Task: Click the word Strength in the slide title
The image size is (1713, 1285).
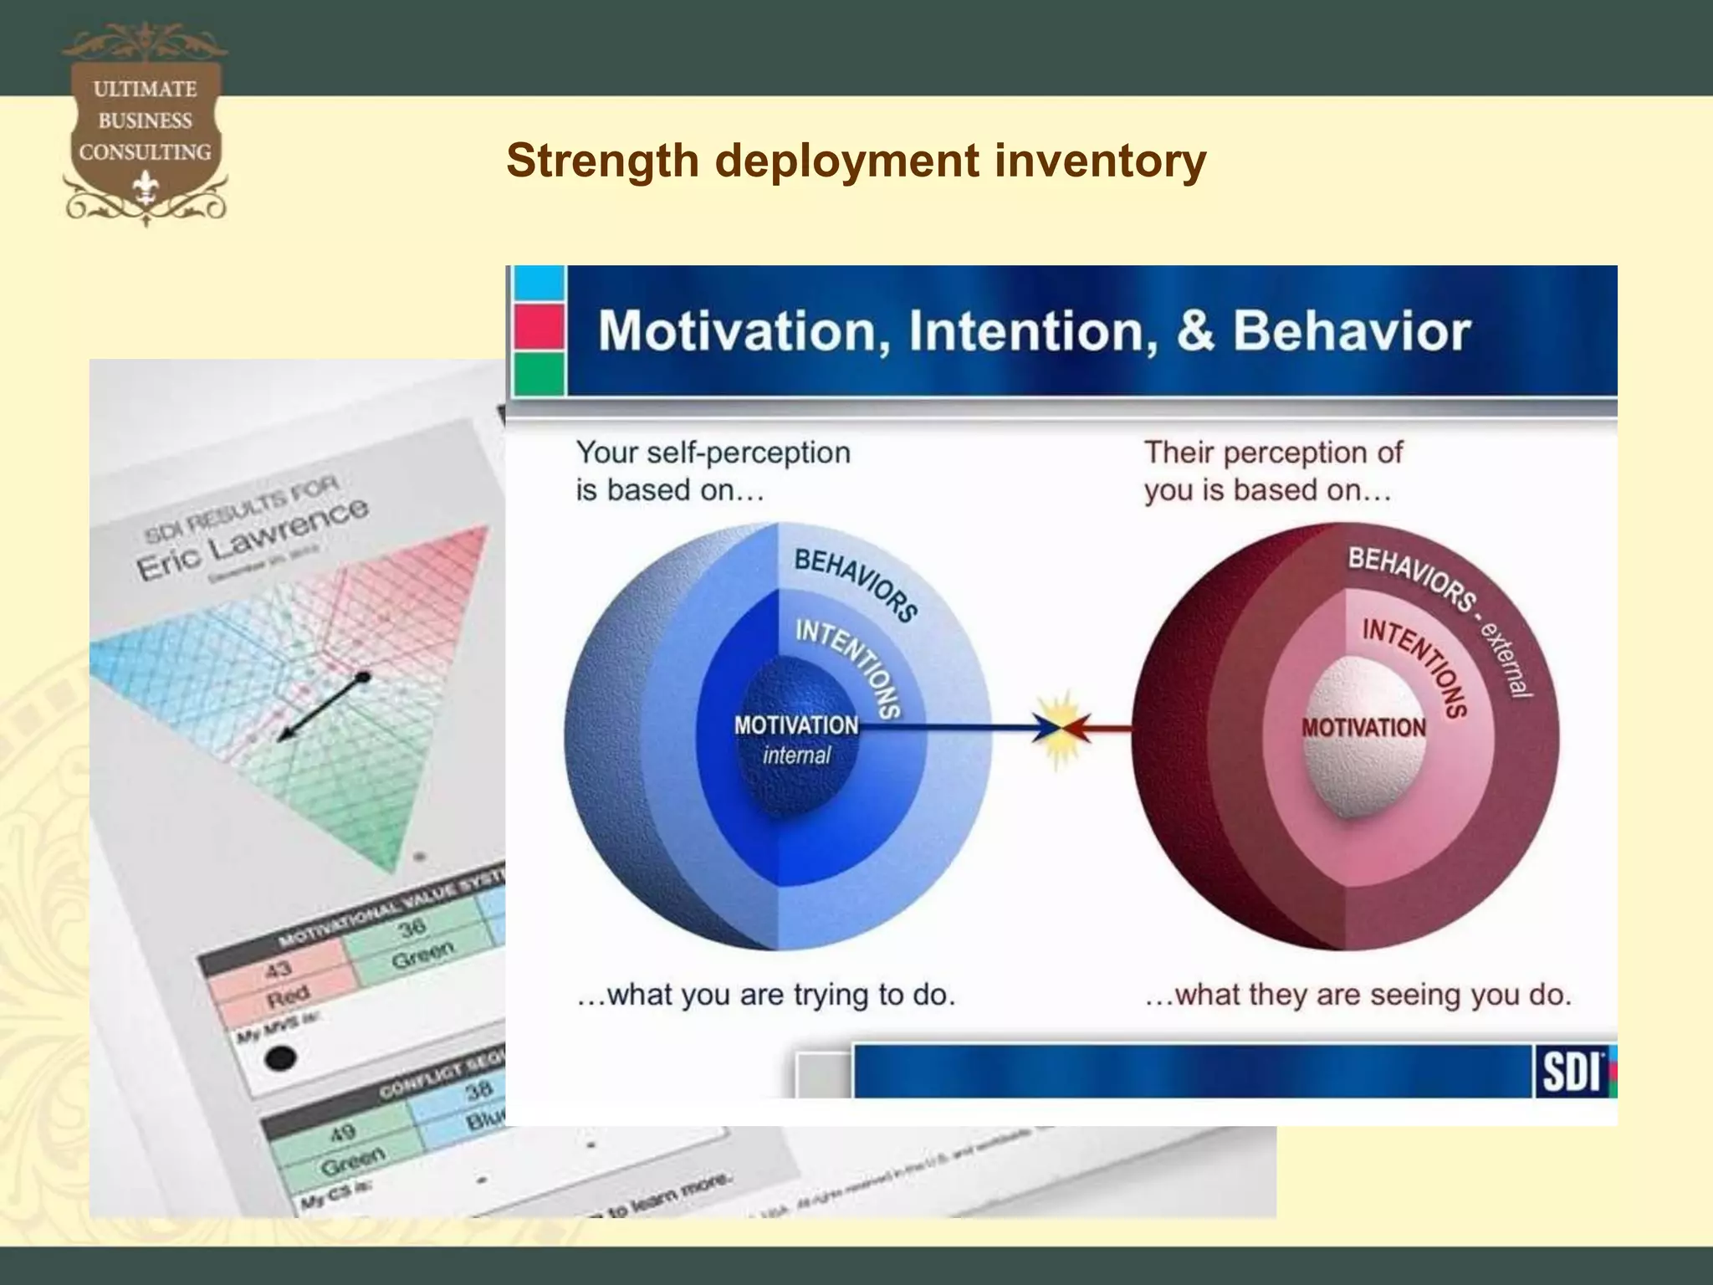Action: click(602, 161)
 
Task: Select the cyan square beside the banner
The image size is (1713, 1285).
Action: click(539, 284)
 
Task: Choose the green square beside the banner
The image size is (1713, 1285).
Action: click(539, 373)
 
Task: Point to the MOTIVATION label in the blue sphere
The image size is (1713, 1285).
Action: click(796, 725)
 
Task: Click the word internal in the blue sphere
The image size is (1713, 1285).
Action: click(796, 755)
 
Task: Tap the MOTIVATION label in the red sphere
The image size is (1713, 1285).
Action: click(1363, 728)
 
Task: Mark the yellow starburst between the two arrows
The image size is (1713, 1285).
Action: click(1061, 728)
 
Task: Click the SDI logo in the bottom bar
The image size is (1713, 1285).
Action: click(1571, 1072)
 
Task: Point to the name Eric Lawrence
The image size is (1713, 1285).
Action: click(251, 539)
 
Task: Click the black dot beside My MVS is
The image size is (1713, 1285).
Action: click(280, 1058)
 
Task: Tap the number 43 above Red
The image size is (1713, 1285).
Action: click(279, 969)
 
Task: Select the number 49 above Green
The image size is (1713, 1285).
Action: click(342, 1134)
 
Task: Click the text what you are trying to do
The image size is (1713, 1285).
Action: click(765, 995)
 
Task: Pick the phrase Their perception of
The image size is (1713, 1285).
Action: click(1273, 453)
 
